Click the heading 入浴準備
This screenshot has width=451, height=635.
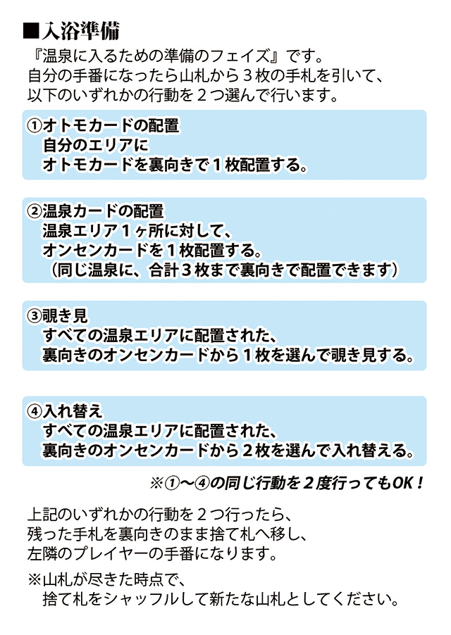80,31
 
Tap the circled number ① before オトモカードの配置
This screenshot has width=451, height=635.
35,126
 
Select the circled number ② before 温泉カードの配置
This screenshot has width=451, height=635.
35,211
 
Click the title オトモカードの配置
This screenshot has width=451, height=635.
113,126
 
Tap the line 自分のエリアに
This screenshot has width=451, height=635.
92,146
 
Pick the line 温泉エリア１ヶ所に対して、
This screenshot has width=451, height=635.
137,231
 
